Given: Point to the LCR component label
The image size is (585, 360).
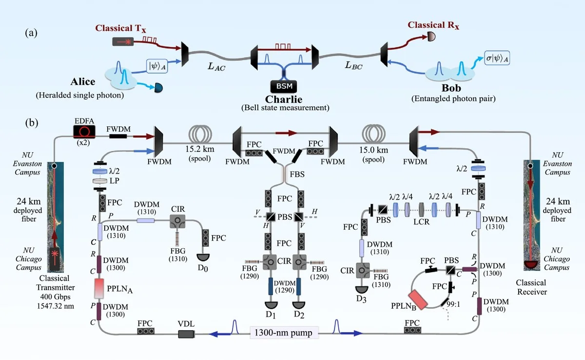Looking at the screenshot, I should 422,221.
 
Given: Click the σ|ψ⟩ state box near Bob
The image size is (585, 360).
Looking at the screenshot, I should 500,57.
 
